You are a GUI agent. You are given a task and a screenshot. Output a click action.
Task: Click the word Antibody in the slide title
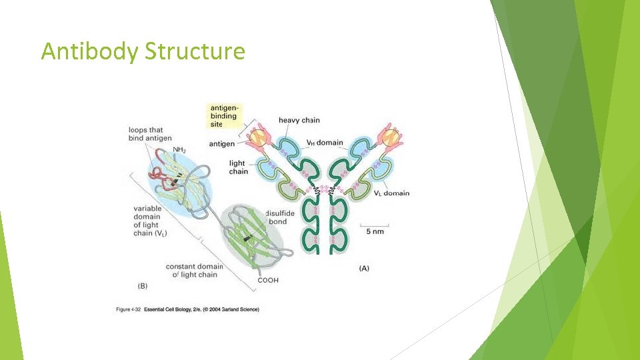coord(89,51)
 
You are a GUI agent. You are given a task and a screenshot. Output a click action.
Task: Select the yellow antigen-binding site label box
coord(223,116)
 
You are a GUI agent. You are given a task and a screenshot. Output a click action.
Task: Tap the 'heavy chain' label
coord(299,121)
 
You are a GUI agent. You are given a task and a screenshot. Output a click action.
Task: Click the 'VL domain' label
coord(391,193)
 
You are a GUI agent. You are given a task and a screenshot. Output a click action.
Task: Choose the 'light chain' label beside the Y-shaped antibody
coord(238,167)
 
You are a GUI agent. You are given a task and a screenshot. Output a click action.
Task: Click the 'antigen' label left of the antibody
coord(222,144)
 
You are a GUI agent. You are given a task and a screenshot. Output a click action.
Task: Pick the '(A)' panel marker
coord(364,268)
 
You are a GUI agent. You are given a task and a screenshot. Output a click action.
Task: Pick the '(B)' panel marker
coord(143,286)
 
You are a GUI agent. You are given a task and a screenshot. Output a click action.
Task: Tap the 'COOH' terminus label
coord(268,280)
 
